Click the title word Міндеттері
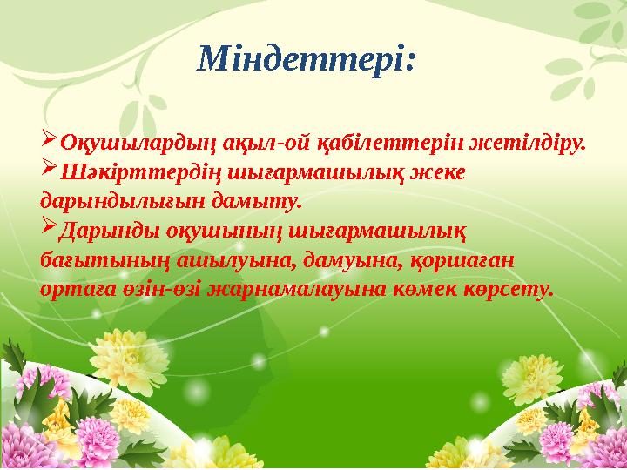coord(307,60)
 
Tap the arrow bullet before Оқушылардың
coord(49,139)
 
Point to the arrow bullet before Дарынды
coord(49,228)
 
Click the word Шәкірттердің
coord(131,171)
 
